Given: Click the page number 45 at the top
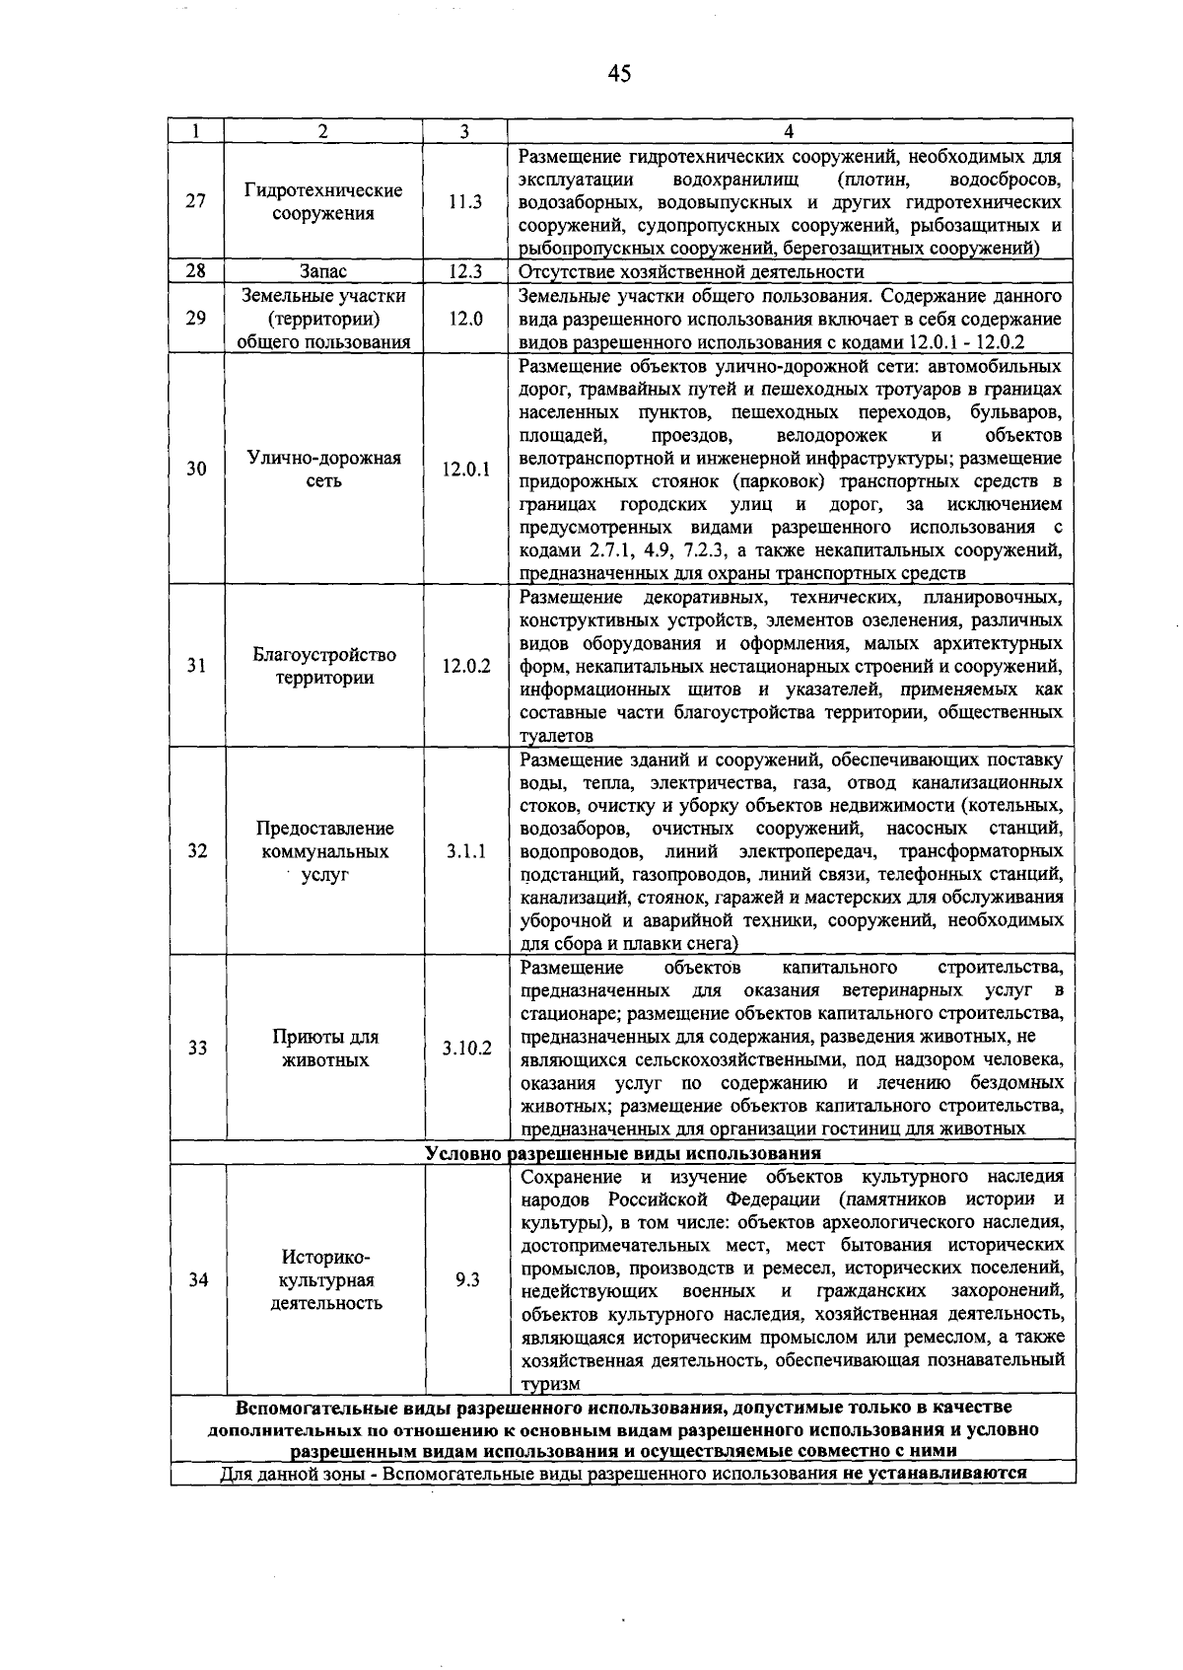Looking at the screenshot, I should click(x=619, y=74).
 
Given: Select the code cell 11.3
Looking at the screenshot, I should click(x=464, y=202).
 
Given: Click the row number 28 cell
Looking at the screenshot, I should click(x=196, y=271).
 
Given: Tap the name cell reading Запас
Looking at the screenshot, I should click(x=323, y=271).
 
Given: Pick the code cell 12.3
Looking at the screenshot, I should click(x=464, y=271).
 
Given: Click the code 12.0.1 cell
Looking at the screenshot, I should click(x=465, y=470).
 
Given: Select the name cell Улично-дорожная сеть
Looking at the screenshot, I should click(x=323, y=470).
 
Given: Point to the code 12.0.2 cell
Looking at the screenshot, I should click(x=465, y=666).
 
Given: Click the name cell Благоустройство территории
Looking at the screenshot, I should click(x=323, y=666).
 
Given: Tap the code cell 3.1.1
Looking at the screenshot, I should click(x=465, y=851).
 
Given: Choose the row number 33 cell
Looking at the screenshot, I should click(x=197, y=1048).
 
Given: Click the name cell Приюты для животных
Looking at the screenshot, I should click(x=324, y=1048).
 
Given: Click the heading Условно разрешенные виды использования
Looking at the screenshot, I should click(x=623, y=1153).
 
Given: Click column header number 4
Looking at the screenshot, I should click(x=789, y=131).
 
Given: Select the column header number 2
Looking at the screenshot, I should click(x=323, y=131).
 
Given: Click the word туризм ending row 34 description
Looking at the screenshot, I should click(x=550, y=1384).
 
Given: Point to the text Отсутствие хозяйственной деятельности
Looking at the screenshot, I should click(x=691, y=271).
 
